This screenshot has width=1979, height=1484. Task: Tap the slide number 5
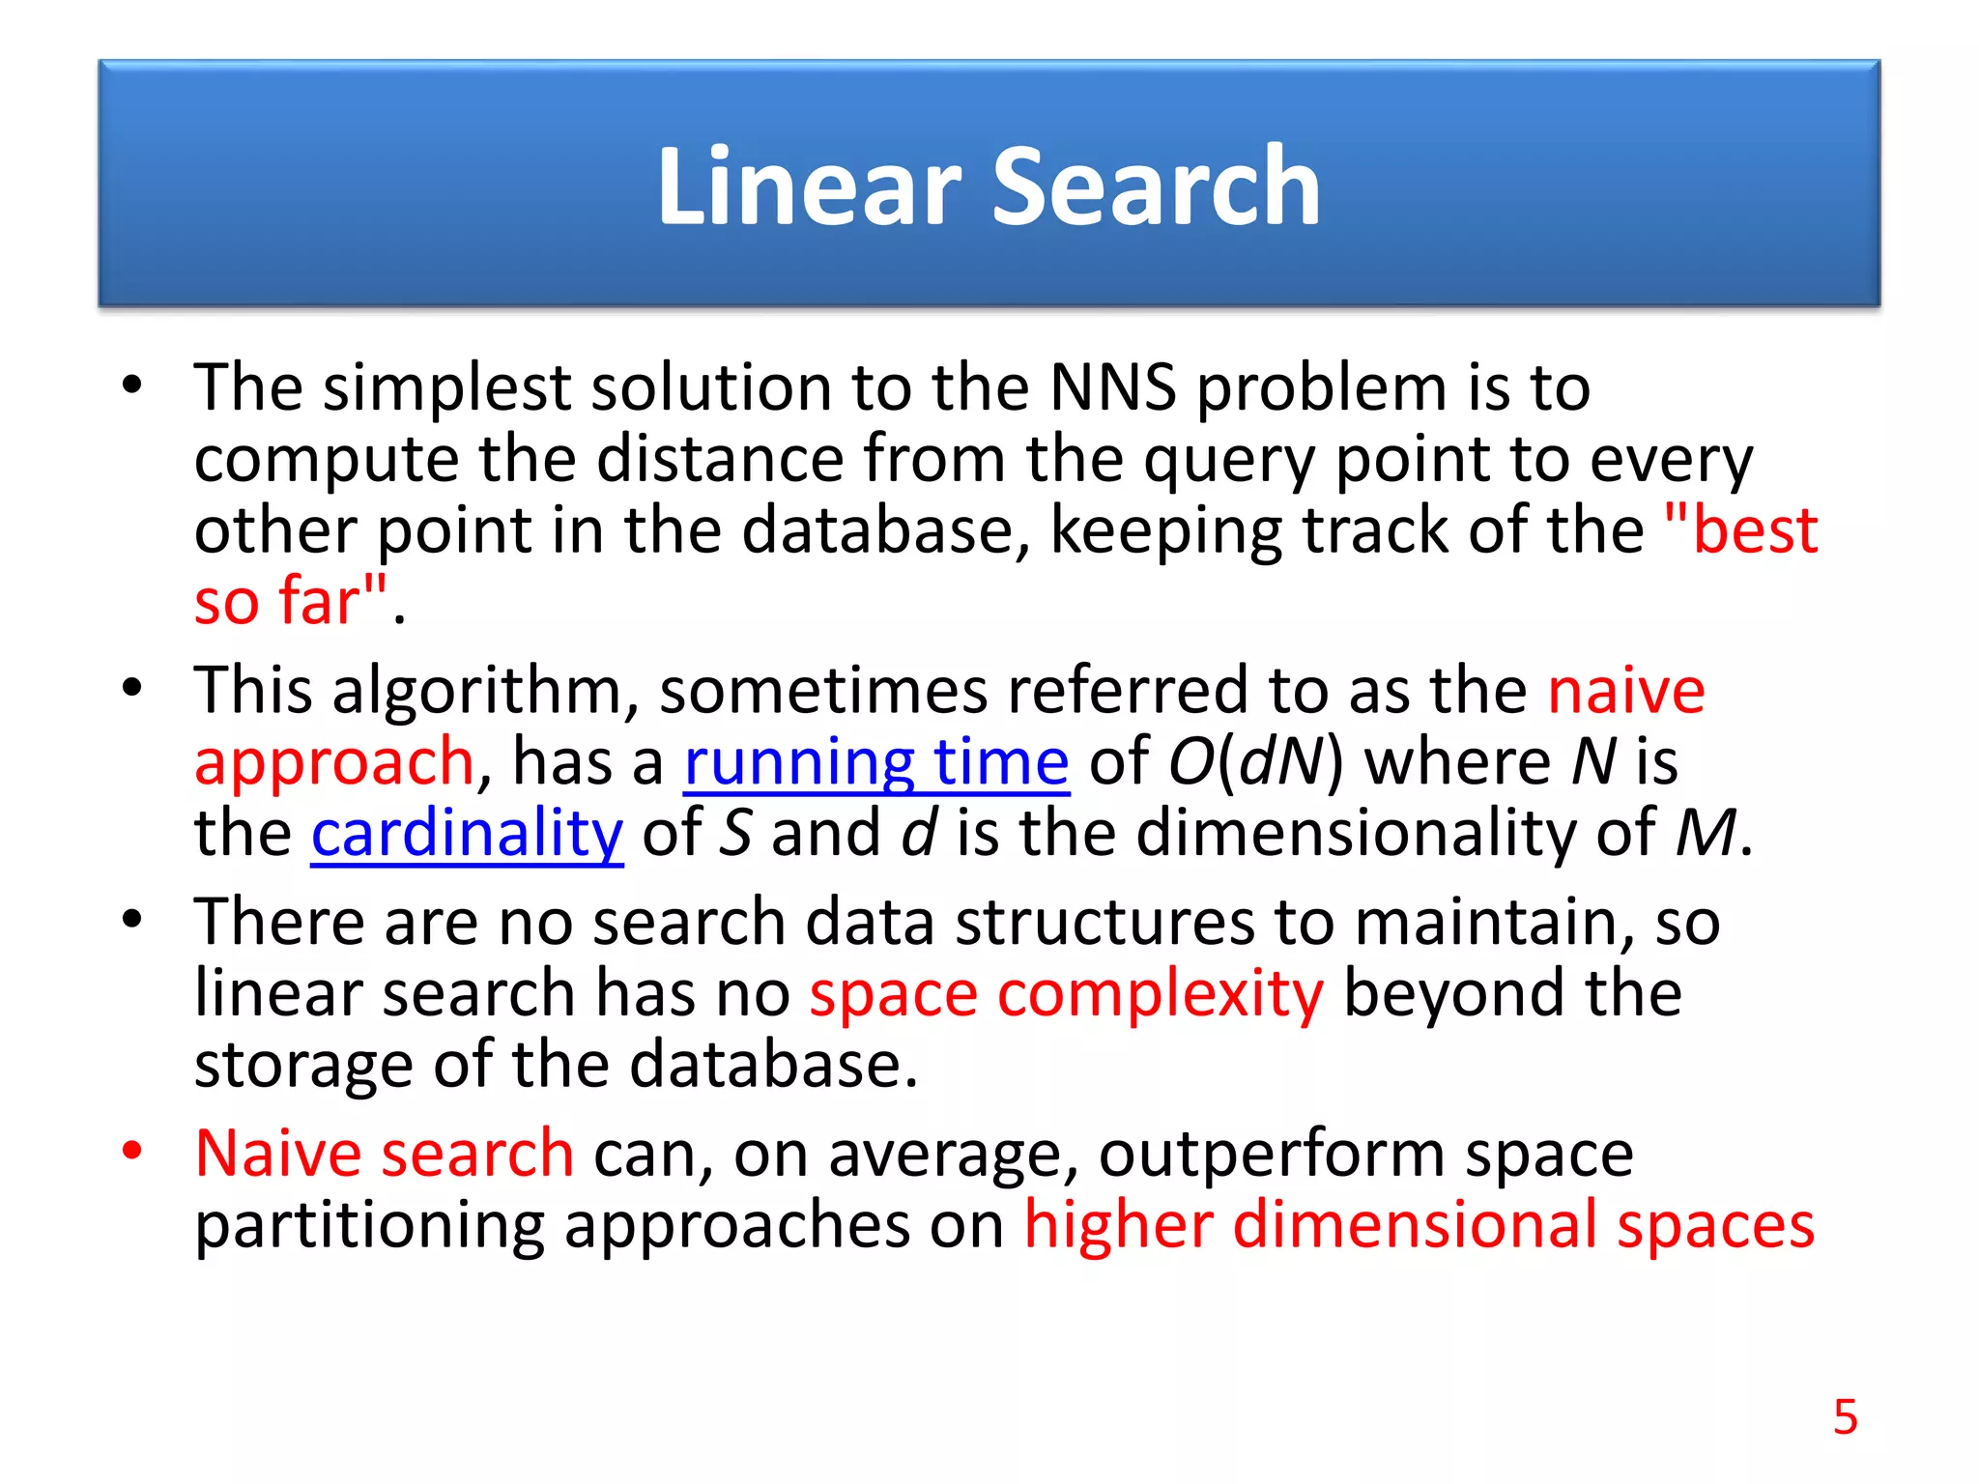coord(1845,1417)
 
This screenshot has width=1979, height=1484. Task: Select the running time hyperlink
coord(875,763)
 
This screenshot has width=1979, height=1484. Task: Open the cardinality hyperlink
coord(467,835)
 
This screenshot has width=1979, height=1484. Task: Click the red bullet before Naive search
coord(132,1151)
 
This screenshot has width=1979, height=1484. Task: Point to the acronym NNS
coord(1112,388)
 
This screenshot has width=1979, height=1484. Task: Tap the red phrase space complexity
coord(1066,994)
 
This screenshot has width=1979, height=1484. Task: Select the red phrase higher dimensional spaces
coord(1419,1225)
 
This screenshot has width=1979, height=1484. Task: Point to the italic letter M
coord(1706,833)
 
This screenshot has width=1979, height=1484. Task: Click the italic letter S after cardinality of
coord(735,833)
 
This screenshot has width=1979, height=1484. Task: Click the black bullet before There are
coord(132,919)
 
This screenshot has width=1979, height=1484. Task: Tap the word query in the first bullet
coord(1229,462)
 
